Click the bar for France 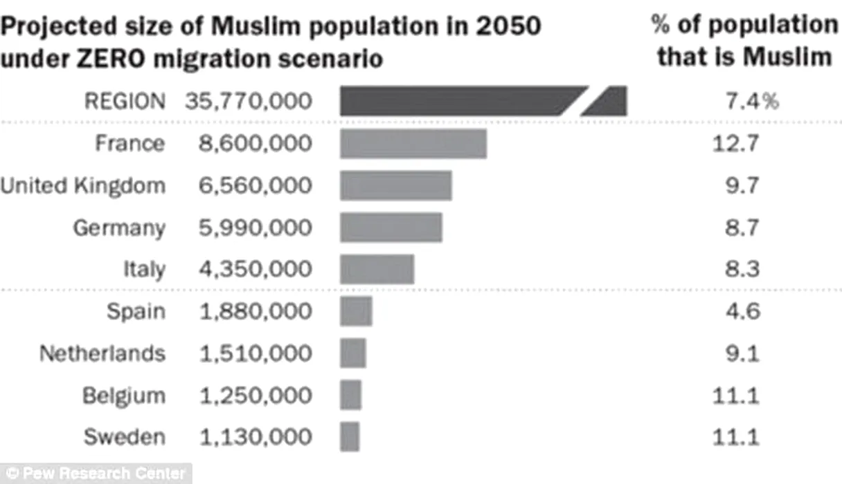[413, 144]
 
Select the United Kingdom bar [395, 185]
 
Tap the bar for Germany [391, 227]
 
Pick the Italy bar [377, 269]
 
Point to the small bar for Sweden [350, 437]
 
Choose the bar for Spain [356, 311]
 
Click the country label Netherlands [102, 353]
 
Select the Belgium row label [124, 395]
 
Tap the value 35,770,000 [248, 102]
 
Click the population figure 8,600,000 [256, 144]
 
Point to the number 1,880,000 [256, 311]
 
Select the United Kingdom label [83, 186]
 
